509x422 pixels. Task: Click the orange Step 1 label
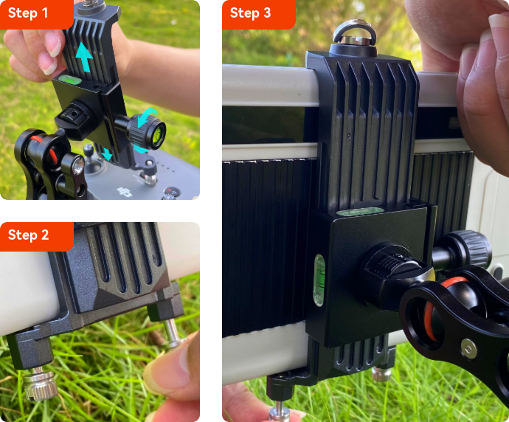pos(37,14)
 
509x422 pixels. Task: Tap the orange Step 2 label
pos(37,236)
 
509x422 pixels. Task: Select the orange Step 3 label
pos(259,14)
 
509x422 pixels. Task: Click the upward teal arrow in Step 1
pos(84,57)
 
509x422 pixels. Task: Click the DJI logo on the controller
pos(125,192)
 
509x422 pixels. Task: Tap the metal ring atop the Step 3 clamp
pos(355,31)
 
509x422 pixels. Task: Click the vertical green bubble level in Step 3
pos(319,280)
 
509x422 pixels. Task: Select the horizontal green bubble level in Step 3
pos(360,211)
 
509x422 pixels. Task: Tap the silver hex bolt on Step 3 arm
pos(468,349)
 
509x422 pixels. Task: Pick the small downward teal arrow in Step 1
pos(106,153)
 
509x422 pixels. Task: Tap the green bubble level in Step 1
pos(70,79)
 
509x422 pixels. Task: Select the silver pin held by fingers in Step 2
pos(172,333)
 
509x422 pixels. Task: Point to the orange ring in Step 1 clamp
pos(46,149)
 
